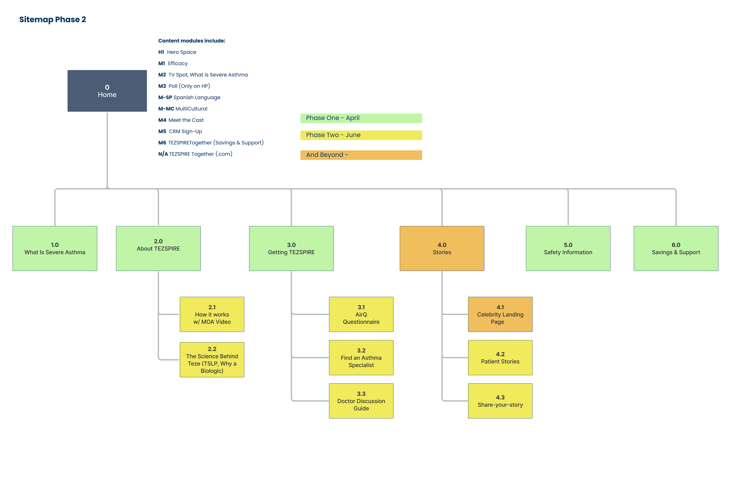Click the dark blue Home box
tap(107, 91)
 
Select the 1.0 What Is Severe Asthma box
tap(55, 248)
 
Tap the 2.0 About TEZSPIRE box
tap(158, 248)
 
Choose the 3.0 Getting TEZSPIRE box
tap(291, 248)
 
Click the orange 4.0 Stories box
tap(442, 248)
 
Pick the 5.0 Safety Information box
tap(568, 248)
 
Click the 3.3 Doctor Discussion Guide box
tap(361, 401)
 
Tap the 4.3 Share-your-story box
tap(500, 401)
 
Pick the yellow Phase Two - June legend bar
tap(361, 135)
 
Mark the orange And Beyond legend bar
tap(361, 155)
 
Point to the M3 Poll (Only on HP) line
tap(184, 86)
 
